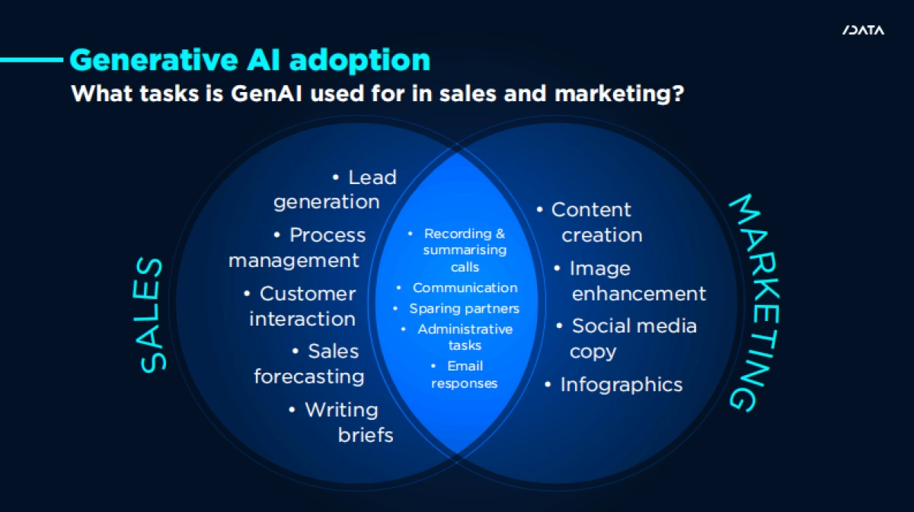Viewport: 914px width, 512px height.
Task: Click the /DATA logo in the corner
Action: click(863, 30)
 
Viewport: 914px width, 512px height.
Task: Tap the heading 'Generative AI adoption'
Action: click(250, 60)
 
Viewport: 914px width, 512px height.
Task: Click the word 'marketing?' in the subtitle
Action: click(618, 94)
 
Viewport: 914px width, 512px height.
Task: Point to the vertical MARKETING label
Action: click(755, 303)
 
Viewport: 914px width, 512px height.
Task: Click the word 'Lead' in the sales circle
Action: click(372, 178)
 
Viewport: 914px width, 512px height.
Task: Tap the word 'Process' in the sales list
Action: click(328, 235)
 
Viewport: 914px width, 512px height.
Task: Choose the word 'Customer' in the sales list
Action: click(308, 294)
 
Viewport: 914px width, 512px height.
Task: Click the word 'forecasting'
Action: click(309, 377)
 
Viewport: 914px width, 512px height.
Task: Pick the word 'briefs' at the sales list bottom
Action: click(366, 435)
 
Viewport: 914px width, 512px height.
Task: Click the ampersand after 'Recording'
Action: click(500, 234)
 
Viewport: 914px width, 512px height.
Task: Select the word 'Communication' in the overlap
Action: click(465, 288)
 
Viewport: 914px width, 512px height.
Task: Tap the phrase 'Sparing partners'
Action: click(465, 309)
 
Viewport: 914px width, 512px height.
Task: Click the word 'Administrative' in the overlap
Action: click(465, 329)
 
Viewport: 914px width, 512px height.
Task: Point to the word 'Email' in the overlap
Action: click(465, 366)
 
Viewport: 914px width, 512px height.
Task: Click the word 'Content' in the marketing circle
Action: click(591, 210)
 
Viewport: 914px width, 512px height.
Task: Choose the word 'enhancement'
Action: click(638, 294)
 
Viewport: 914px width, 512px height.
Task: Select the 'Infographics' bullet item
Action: click(614, 384)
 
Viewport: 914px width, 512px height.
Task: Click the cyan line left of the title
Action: click(32, 60)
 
